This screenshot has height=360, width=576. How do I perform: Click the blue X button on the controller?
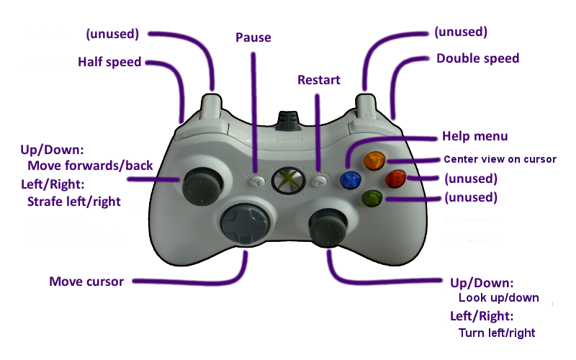click(352, 179)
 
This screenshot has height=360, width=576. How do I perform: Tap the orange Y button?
click(373, 160)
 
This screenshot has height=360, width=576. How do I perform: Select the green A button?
click(372, 197)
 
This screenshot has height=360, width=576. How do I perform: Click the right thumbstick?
click(329, 226)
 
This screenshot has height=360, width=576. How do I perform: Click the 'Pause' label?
click(253, 37)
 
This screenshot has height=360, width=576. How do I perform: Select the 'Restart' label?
click(319, 80)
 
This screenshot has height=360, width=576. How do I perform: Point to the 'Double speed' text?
click(477, 58)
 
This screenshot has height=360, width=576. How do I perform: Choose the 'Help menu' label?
click(474, 136)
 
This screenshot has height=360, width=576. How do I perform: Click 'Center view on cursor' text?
click(500, 159)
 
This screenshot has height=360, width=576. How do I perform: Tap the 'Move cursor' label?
click(86, 282)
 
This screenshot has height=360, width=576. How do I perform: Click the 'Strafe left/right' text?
click(73, 202)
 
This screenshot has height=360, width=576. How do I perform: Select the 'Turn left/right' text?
click(497, 333)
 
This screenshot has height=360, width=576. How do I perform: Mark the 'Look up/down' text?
click(498, 297)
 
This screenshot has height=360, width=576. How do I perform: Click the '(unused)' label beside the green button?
click(470, 197)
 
